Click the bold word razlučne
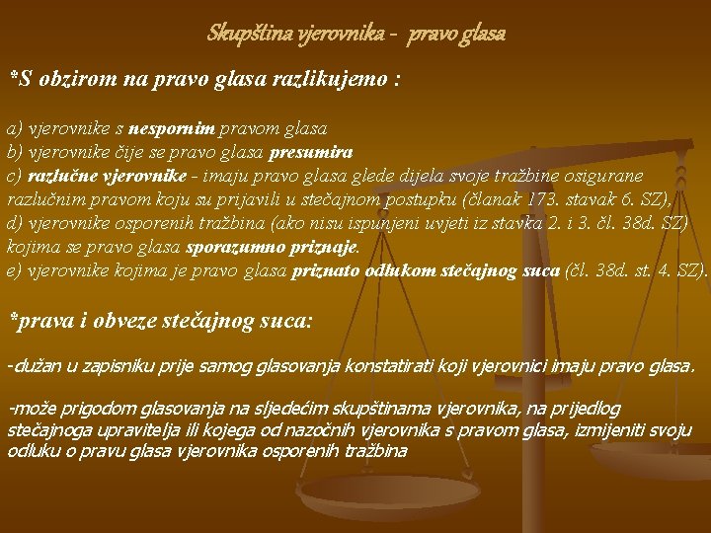coord(57,176)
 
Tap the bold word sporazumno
coord(240,247)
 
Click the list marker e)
coord(14,270)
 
